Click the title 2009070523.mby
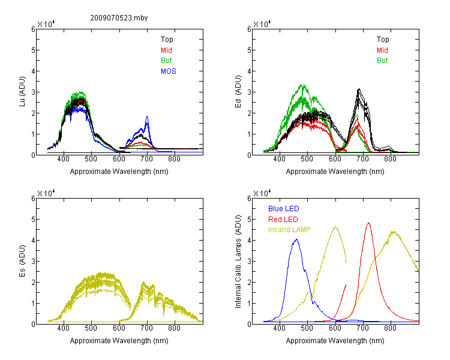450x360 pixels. point(119,18)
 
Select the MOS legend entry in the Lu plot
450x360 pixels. point(169,71)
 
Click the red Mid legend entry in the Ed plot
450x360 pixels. point(382,50)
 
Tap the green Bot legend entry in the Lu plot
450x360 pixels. point(166,61)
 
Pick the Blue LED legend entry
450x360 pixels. point(284,209)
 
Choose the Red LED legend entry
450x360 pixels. point(283,220)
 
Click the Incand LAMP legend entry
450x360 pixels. point(289,230)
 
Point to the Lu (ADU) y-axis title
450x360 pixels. point(22,92)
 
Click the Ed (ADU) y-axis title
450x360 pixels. point(238,92)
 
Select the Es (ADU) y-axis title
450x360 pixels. point(22,261)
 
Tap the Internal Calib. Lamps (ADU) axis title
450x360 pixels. point(238,262)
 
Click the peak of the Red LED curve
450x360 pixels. point(368,223)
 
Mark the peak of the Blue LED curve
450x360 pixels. point(296,239)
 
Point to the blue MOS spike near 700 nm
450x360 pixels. point(147,117)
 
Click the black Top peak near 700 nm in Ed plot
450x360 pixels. point(359,89)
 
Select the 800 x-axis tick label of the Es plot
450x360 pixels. point(174,328)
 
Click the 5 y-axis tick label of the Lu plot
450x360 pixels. point(33,50)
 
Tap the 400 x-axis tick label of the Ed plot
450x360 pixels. point(279,159)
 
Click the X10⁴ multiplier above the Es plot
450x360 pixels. point(46,193)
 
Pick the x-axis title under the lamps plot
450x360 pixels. point(335,341)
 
